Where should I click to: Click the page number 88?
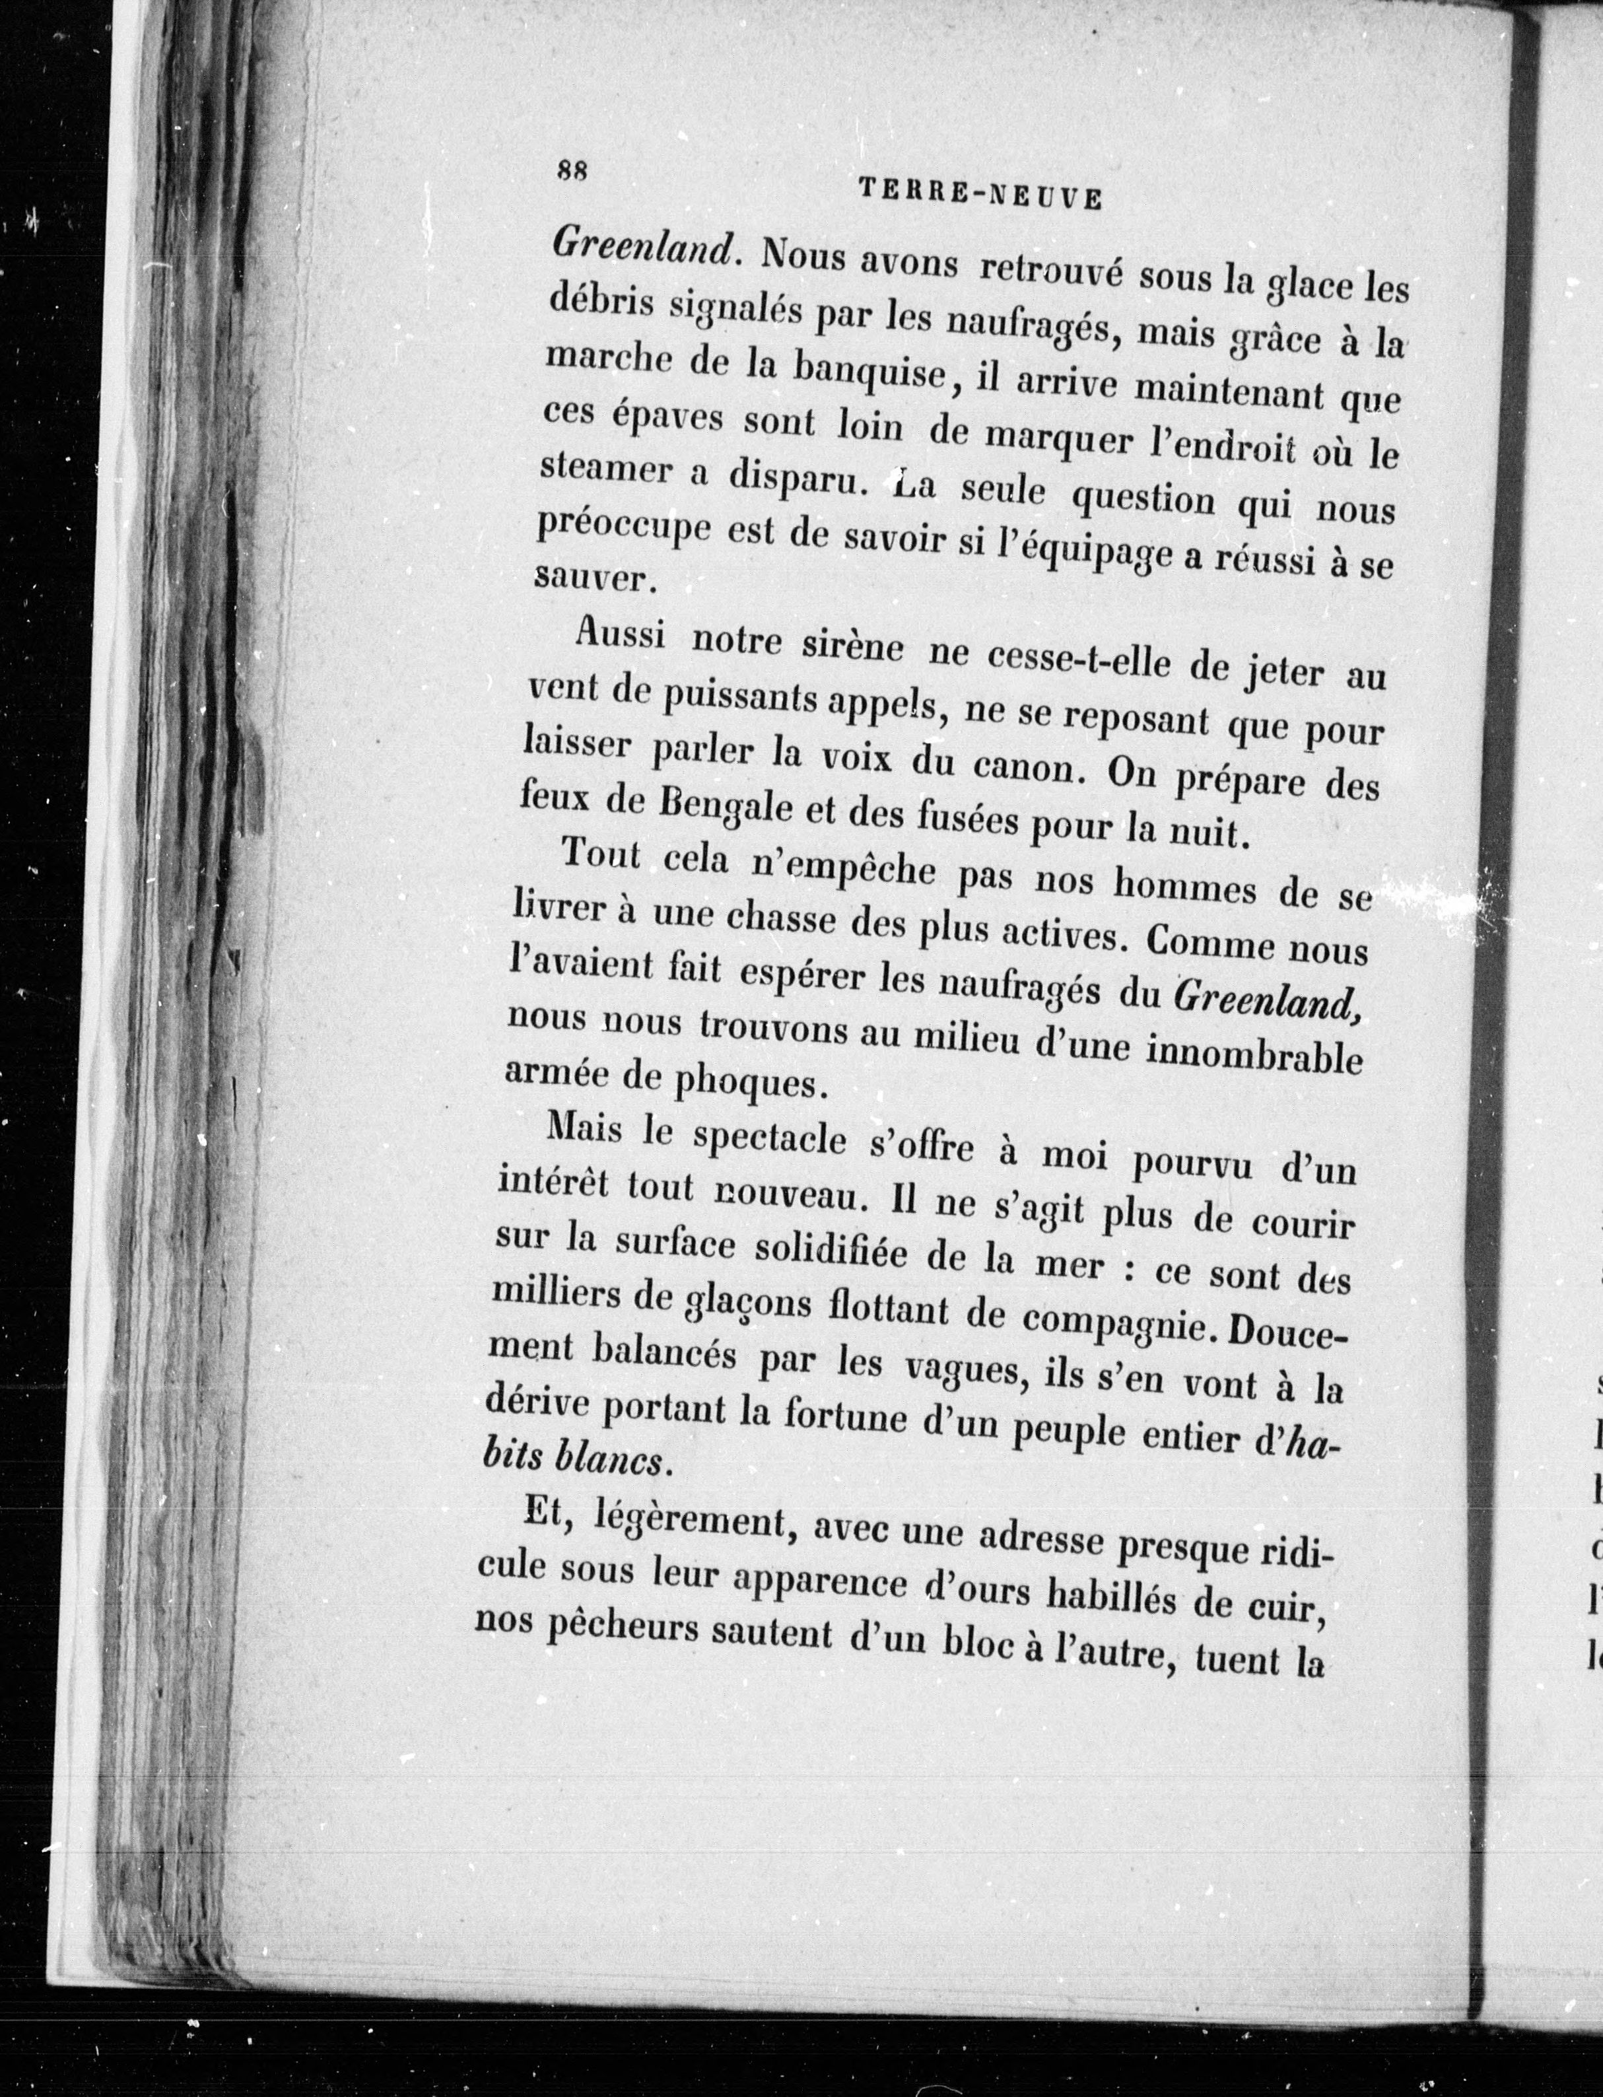point(574,172)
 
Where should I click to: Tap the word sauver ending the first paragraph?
point(591,579)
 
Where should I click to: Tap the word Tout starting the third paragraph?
point(601,854)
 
